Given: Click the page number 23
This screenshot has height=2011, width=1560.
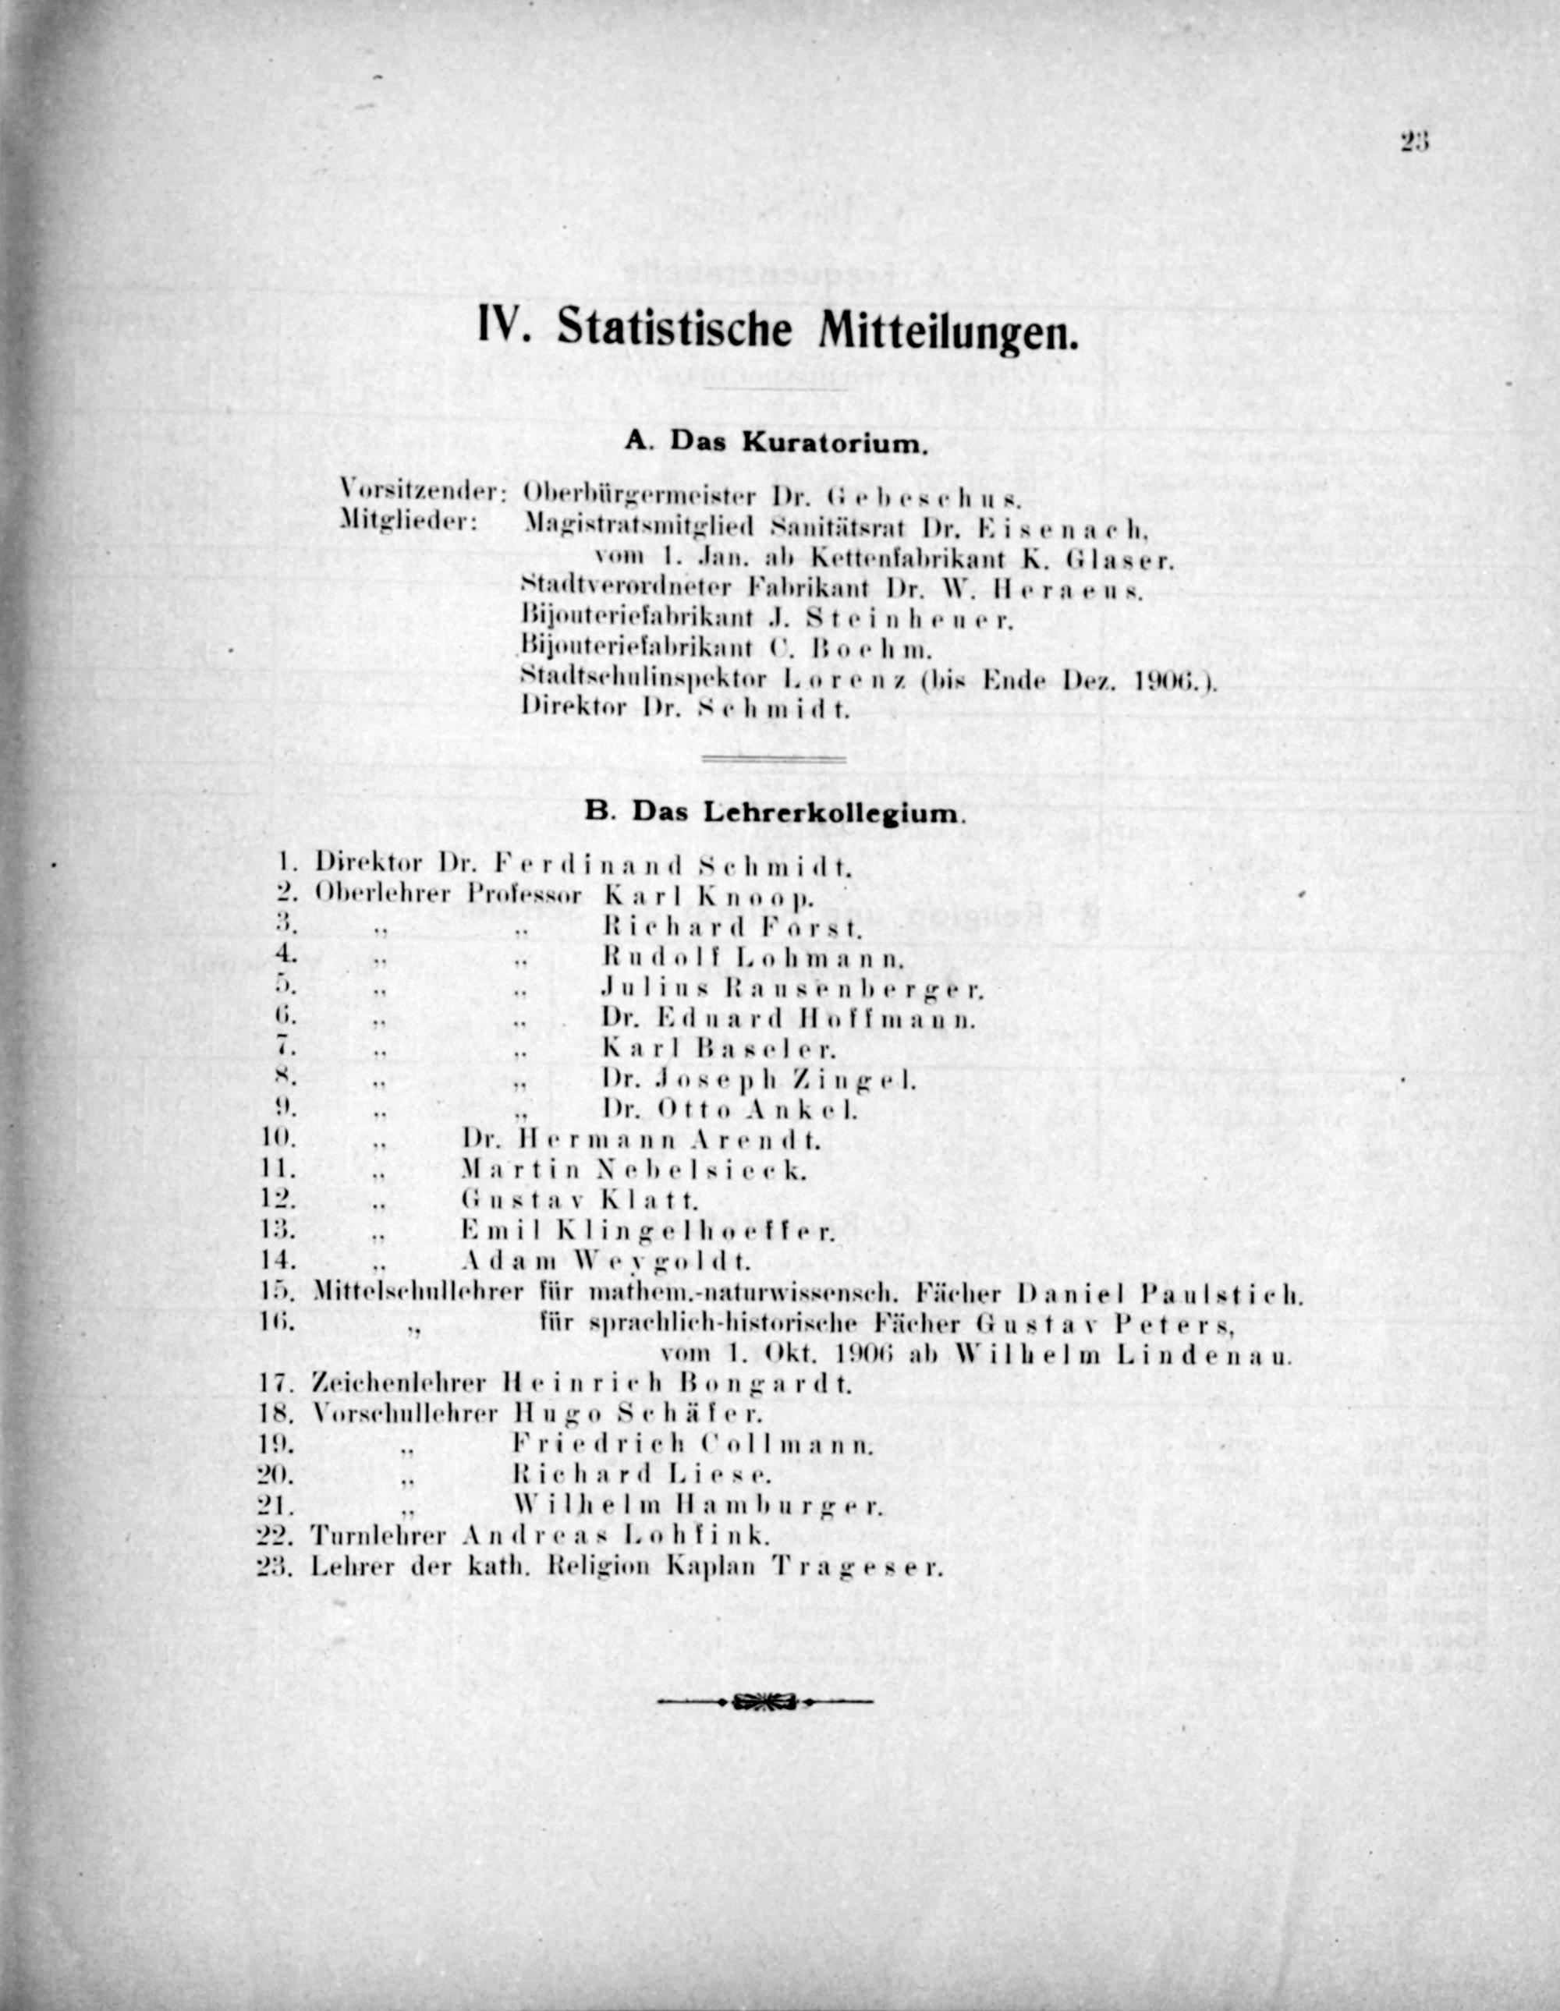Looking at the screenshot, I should (1413, 141).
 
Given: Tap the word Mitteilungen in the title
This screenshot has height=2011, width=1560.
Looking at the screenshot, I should (946, 332).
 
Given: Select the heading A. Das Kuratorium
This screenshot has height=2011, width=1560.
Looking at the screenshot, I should (775, 442).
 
